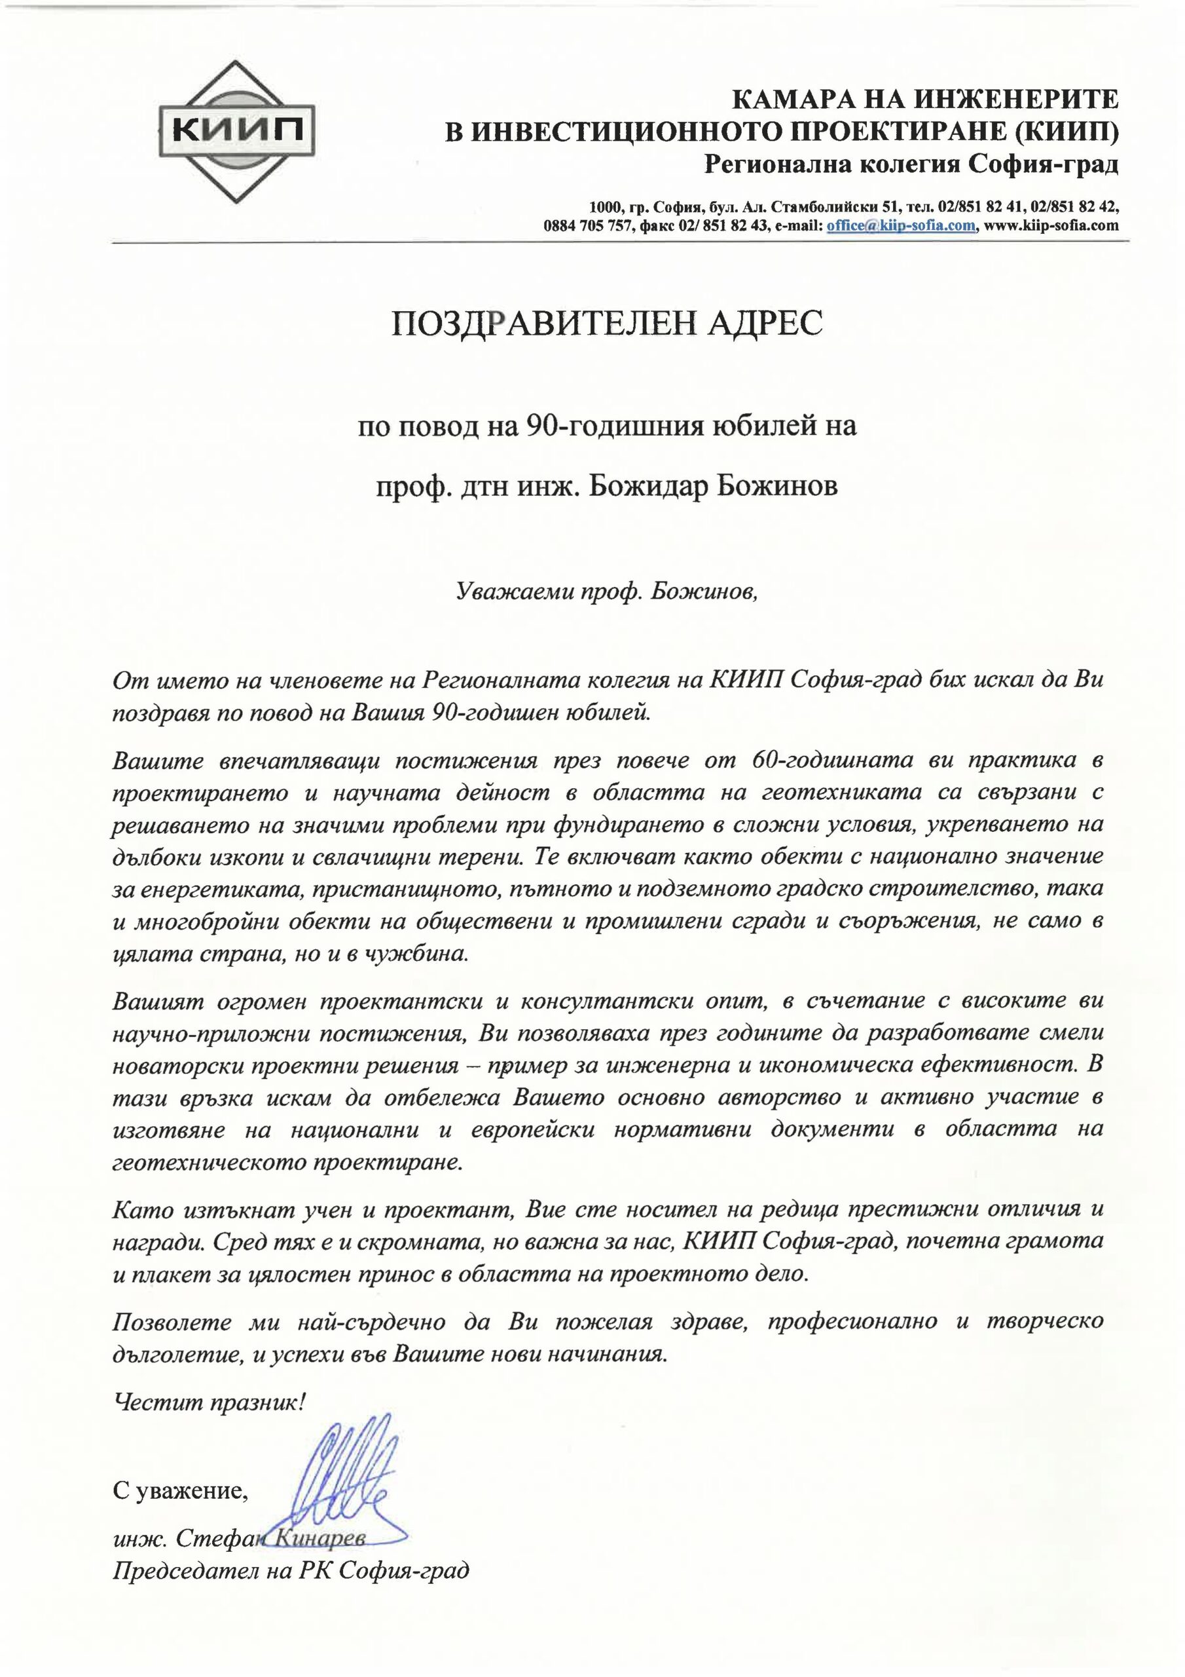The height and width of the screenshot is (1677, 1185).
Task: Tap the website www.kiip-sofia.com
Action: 1051,225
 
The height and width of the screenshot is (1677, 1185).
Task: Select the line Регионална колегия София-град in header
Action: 911,165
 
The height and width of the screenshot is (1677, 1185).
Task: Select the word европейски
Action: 532,1129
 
